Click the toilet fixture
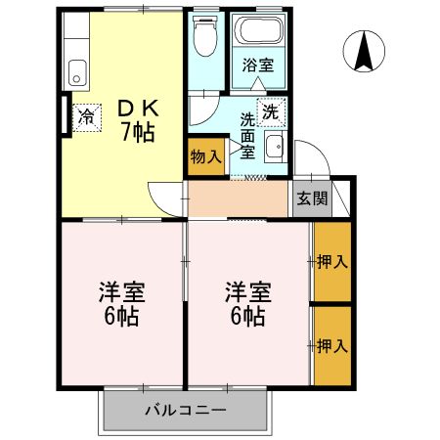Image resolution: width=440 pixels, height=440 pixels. [x=205, y=35]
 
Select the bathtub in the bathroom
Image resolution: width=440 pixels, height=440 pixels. [x=259, y=30]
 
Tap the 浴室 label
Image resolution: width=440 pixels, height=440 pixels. [x=258, y=65]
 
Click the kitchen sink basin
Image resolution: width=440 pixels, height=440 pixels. [x=77, y=72]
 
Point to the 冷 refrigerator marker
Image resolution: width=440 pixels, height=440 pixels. [x=87, y=117]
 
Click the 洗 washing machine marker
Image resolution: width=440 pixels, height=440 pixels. [x=271, y=112]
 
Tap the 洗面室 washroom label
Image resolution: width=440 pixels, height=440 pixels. [x=247, y=136]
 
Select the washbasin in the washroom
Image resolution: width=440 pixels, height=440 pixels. [x=276, y=147]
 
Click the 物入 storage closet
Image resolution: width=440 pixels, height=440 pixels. [x=206, y=156]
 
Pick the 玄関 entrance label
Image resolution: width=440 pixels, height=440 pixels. [x=312, y=198]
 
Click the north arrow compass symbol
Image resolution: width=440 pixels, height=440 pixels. [x=364, y=51]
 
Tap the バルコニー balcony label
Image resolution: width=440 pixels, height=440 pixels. [x=186, y=410]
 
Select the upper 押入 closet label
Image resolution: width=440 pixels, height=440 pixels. [x=332, y=261]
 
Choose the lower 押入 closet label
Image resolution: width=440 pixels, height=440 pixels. [x=332, y=345]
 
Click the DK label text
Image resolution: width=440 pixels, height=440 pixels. [x=138, y=109]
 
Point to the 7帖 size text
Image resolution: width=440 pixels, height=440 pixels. [x=138, y=132]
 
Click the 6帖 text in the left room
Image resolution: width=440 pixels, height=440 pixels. [x=121, y=316]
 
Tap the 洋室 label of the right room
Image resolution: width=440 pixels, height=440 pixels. [x=248, y=292]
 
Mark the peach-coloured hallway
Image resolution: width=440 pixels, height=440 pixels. [x=238, y=198]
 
